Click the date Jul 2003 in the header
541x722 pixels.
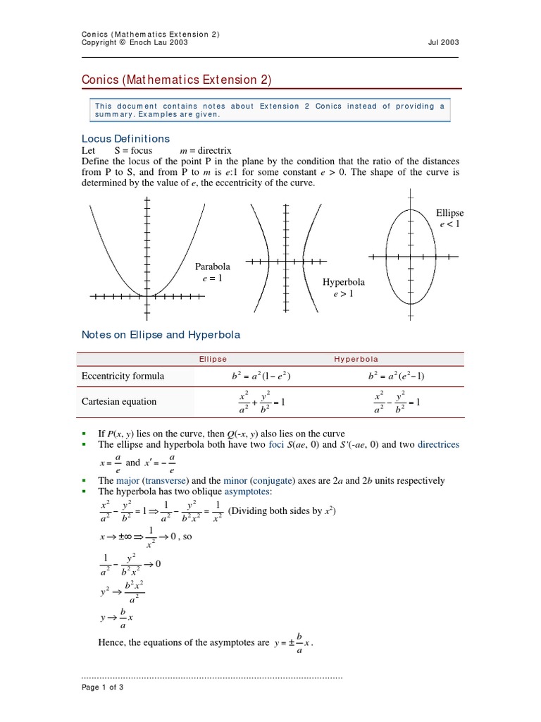pos(443,43)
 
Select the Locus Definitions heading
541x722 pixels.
pos(126,138)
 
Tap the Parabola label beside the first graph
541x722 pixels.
pos(212,267)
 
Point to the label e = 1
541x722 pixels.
pos(212,279)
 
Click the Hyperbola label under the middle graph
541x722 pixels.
pos(343,282)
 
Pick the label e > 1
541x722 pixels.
pos(343,294)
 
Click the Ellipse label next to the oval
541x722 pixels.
pos(449,212)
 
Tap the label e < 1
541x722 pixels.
pos(449,224)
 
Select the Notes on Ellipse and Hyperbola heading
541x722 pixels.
pos(161,334)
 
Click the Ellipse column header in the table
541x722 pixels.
pos(213,359)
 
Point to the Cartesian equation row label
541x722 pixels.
pos(118,402)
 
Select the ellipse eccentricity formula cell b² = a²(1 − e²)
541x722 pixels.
pos(261,377)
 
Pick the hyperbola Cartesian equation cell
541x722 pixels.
pos(397,402)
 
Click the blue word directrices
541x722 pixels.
pos(437,444)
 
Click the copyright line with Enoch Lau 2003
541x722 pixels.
pos(135,43)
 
